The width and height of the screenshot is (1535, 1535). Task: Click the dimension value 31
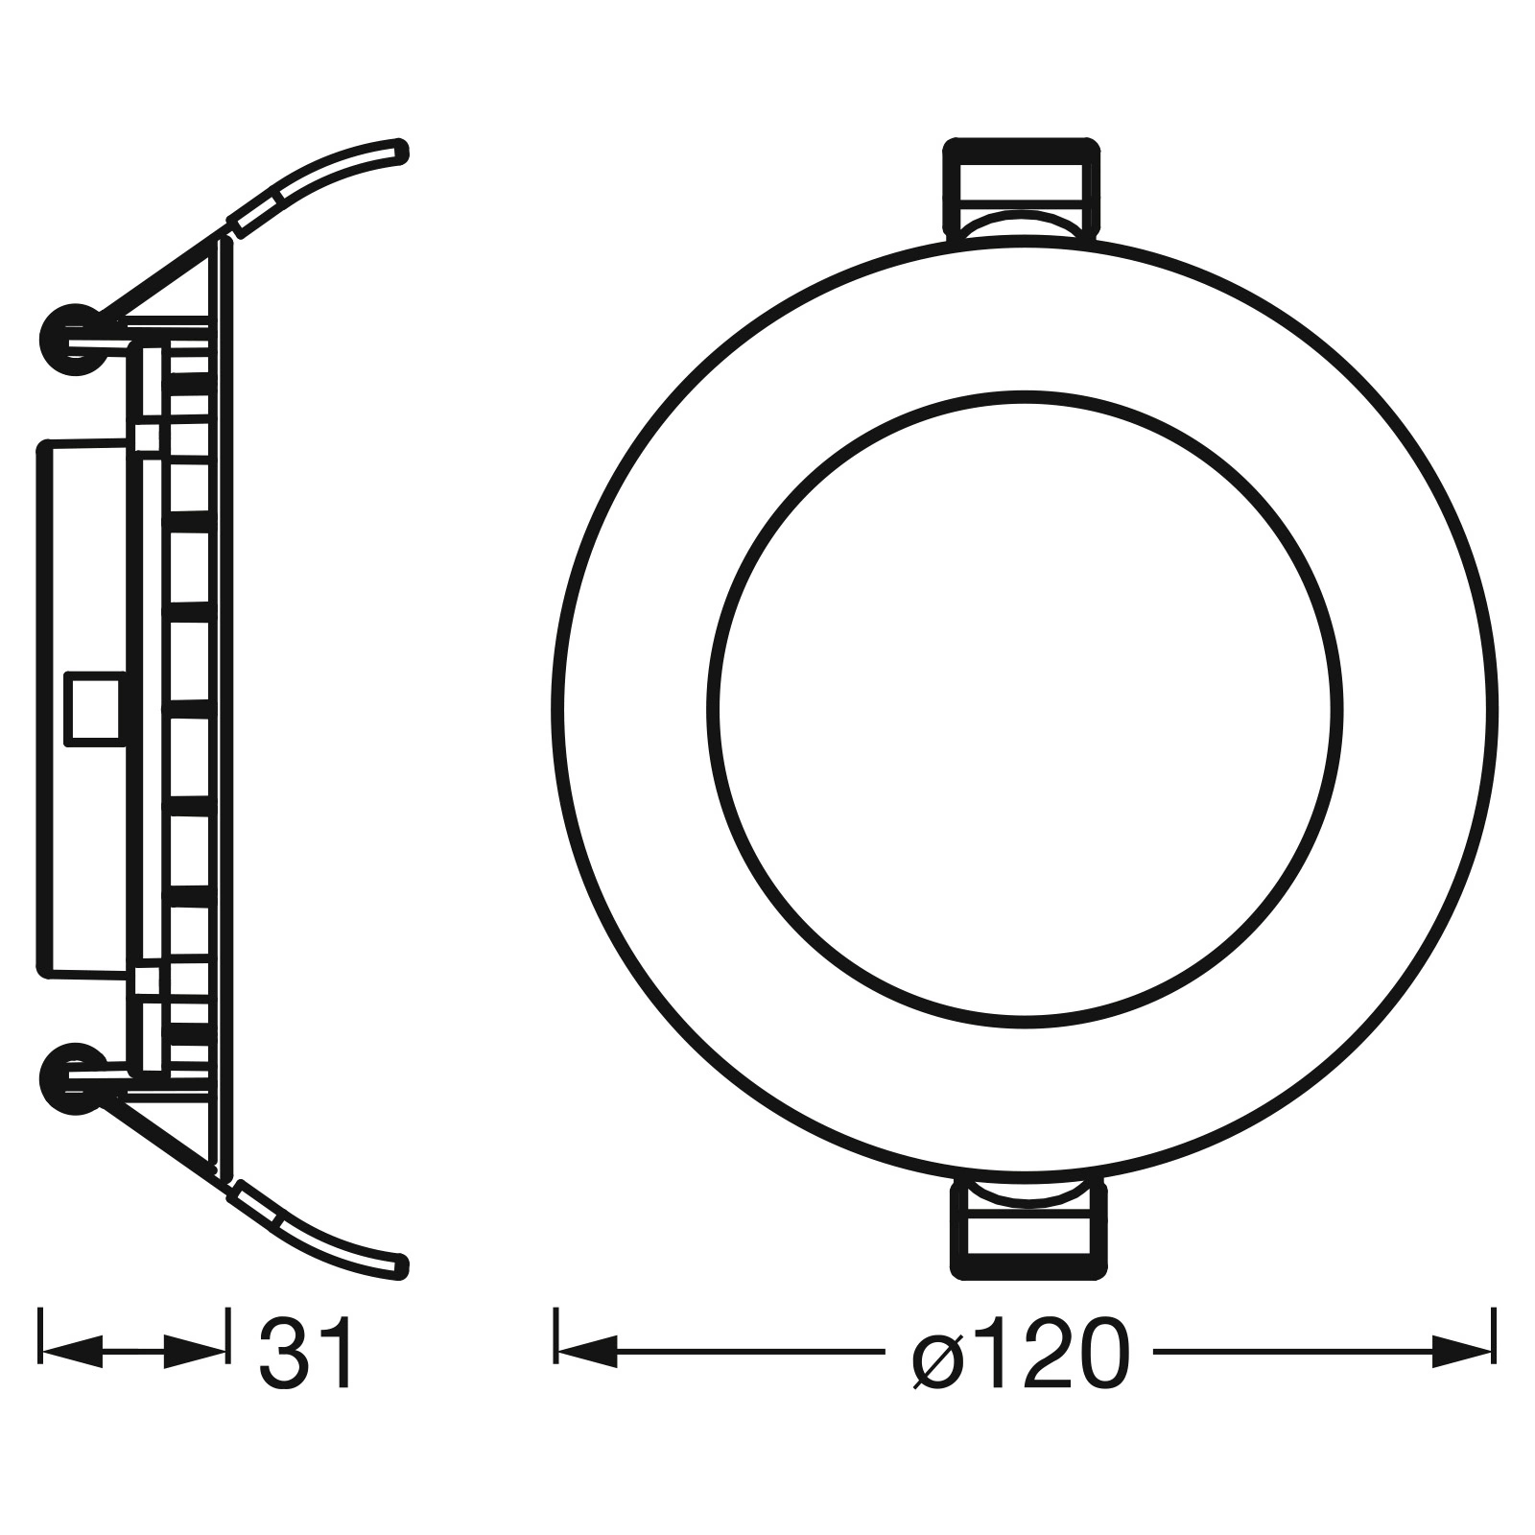(307, 1353)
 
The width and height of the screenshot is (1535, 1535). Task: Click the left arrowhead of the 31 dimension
(72, 1353)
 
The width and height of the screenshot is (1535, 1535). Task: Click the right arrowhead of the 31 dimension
(196, 1353)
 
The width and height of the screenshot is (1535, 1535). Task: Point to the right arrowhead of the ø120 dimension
(1462, 1353)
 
